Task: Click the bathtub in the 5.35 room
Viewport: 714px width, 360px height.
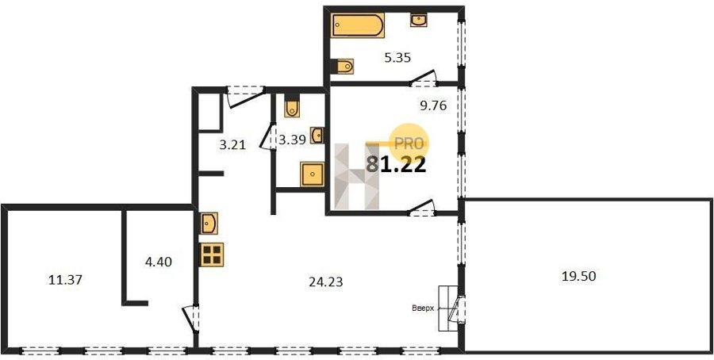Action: pos(358,25)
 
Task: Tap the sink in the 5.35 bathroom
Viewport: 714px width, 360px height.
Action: pos(418,20)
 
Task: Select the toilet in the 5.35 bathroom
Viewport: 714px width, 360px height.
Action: pos(345,67)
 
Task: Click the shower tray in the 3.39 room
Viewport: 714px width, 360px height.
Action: pos(312,174)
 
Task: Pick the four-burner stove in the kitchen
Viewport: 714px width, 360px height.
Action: pos(211,255)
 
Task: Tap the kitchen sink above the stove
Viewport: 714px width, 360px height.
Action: pos(209,224)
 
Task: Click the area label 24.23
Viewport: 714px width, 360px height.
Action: pos(325,282)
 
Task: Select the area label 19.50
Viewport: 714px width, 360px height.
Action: pos(579,276)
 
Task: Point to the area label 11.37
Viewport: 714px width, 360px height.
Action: pos(65,280)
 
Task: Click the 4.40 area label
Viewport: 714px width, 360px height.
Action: pos(158,262)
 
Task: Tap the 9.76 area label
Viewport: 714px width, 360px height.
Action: pos(432,106)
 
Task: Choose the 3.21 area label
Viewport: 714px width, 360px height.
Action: pos(232,146)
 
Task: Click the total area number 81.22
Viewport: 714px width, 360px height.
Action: pos(396,164)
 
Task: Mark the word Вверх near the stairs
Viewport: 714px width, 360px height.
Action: pos(424,308)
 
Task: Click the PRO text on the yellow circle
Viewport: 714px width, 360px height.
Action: pos(409,144)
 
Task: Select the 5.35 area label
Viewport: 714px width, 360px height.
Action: pos(397,58)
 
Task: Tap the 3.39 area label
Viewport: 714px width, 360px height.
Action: pos(291,140)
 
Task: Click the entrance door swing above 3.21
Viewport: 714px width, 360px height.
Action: pos(246,98)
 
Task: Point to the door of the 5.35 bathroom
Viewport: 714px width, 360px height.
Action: pos(423,79)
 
